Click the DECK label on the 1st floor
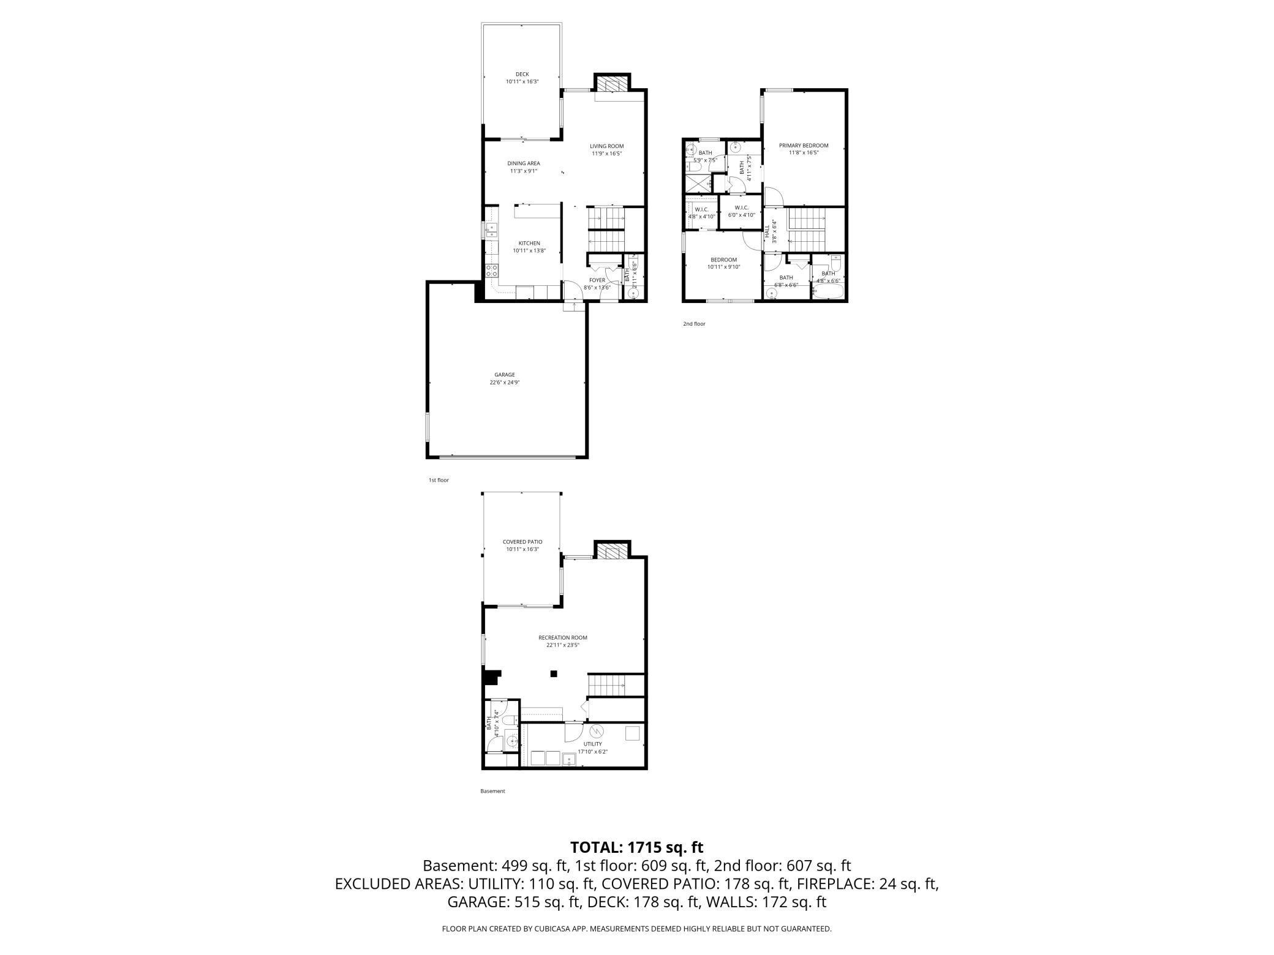pyautogui.click(x=522, y=74)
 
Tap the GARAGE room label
pyautogui.click(x=505, y=375)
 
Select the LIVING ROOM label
pyautogui.click(x=606, y=146)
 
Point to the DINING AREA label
pyautogui.click(x=524, y=163)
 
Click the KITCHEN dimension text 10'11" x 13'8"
pyautogui.click(x=529, y=251)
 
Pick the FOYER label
pyautogui.click(x=597, y=280)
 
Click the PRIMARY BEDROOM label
pyautogui.click(x=804, y=146)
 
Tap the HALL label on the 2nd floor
pyautogui.click(x=767, y=231)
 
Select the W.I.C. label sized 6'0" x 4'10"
pyautogui.click(x=741, y=208)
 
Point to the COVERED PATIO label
pyautogui.click(x=522, y=542)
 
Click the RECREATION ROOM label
pyautogui.click(x=563, y=637)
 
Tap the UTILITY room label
pyautogui.click(x=592, y=744)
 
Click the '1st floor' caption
pyautogui.click(x=439, y=481)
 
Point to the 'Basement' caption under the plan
pyautogui.click(x=492, y=792)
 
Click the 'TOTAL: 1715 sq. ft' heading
pyautogui.click(x=636, y=847)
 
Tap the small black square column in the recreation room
pyautogui.click(x=554, y=674)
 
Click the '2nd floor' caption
pyautogui.click(x=694, y=324)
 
